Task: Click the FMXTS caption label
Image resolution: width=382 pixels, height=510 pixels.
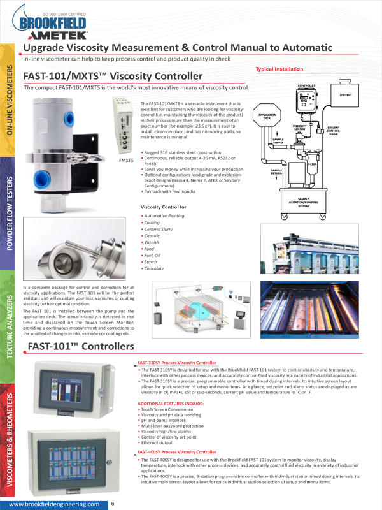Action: tap(125, 159)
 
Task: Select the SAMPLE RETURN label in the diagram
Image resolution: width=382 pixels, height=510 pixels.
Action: tap(276, 171)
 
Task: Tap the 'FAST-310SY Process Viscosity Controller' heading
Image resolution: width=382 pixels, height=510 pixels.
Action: tap(177, 361)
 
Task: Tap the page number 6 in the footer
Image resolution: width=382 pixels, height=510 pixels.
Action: tap(113, 504)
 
